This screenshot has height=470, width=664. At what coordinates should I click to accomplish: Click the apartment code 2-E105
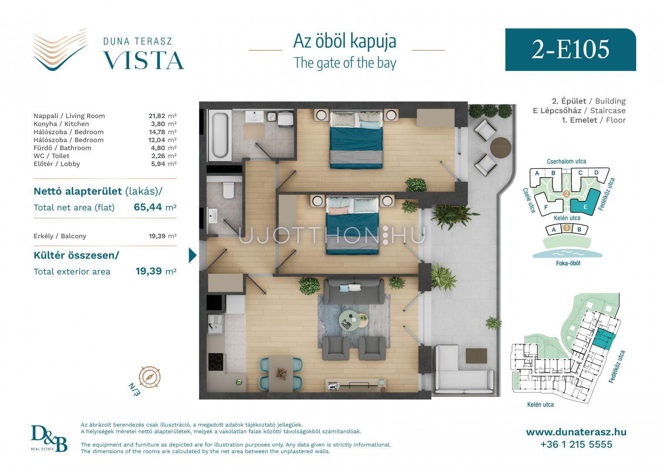(571, 50)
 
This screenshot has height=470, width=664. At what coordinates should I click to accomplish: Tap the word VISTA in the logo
(143, 60)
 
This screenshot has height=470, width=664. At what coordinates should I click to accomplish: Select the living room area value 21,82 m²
(163, 116)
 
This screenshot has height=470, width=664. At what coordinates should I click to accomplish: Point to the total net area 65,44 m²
(155, 207)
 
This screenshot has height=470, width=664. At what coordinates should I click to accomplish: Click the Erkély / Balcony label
(60, 236)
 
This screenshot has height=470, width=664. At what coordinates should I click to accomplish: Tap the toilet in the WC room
(229, 190)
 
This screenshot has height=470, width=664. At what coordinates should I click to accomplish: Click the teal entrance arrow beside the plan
(192, 255)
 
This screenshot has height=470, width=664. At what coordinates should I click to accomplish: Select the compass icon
(150, 377)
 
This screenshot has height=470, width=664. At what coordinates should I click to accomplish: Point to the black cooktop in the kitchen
(216, 362)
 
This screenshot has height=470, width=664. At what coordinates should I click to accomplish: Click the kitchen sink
(216, 324)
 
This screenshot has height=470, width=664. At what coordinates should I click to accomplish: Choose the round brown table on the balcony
(501, 148)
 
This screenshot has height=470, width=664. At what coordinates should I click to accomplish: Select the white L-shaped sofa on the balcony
(462, 370)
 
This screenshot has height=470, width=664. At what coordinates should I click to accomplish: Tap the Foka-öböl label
(568, 263)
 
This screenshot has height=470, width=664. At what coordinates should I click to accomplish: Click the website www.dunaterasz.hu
(576, 432)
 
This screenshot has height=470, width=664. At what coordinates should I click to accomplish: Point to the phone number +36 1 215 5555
(576, 444)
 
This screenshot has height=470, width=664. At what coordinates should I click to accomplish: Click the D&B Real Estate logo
(49, 439)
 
